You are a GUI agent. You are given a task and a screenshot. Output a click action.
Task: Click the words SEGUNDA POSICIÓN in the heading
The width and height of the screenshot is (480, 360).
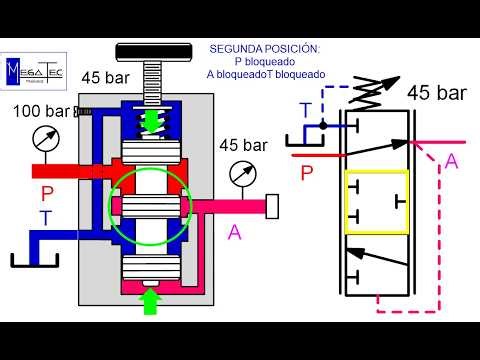coord(265,48)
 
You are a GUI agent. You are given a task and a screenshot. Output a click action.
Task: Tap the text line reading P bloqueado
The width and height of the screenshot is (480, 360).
coord(265,61)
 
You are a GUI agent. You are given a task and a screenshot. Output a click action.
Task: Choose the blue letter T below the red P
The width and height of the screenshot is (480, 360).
coord(46,218)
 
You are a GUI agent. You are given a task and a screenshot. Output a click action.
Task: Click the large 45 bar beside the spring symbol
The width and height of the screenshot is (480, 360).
coord(437,94)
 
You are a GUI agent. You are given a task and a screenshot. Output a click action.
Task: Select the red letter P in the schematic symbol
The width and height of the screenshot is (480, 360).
coord(308,172)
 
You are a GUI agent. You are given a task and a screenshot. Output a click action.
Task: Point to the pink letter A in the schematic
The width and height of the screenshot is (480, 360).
coord(451,161)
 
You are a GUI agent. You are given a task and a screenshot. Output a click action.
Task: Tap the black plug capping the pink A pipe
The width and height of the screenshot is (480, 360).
coord(272,207)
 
